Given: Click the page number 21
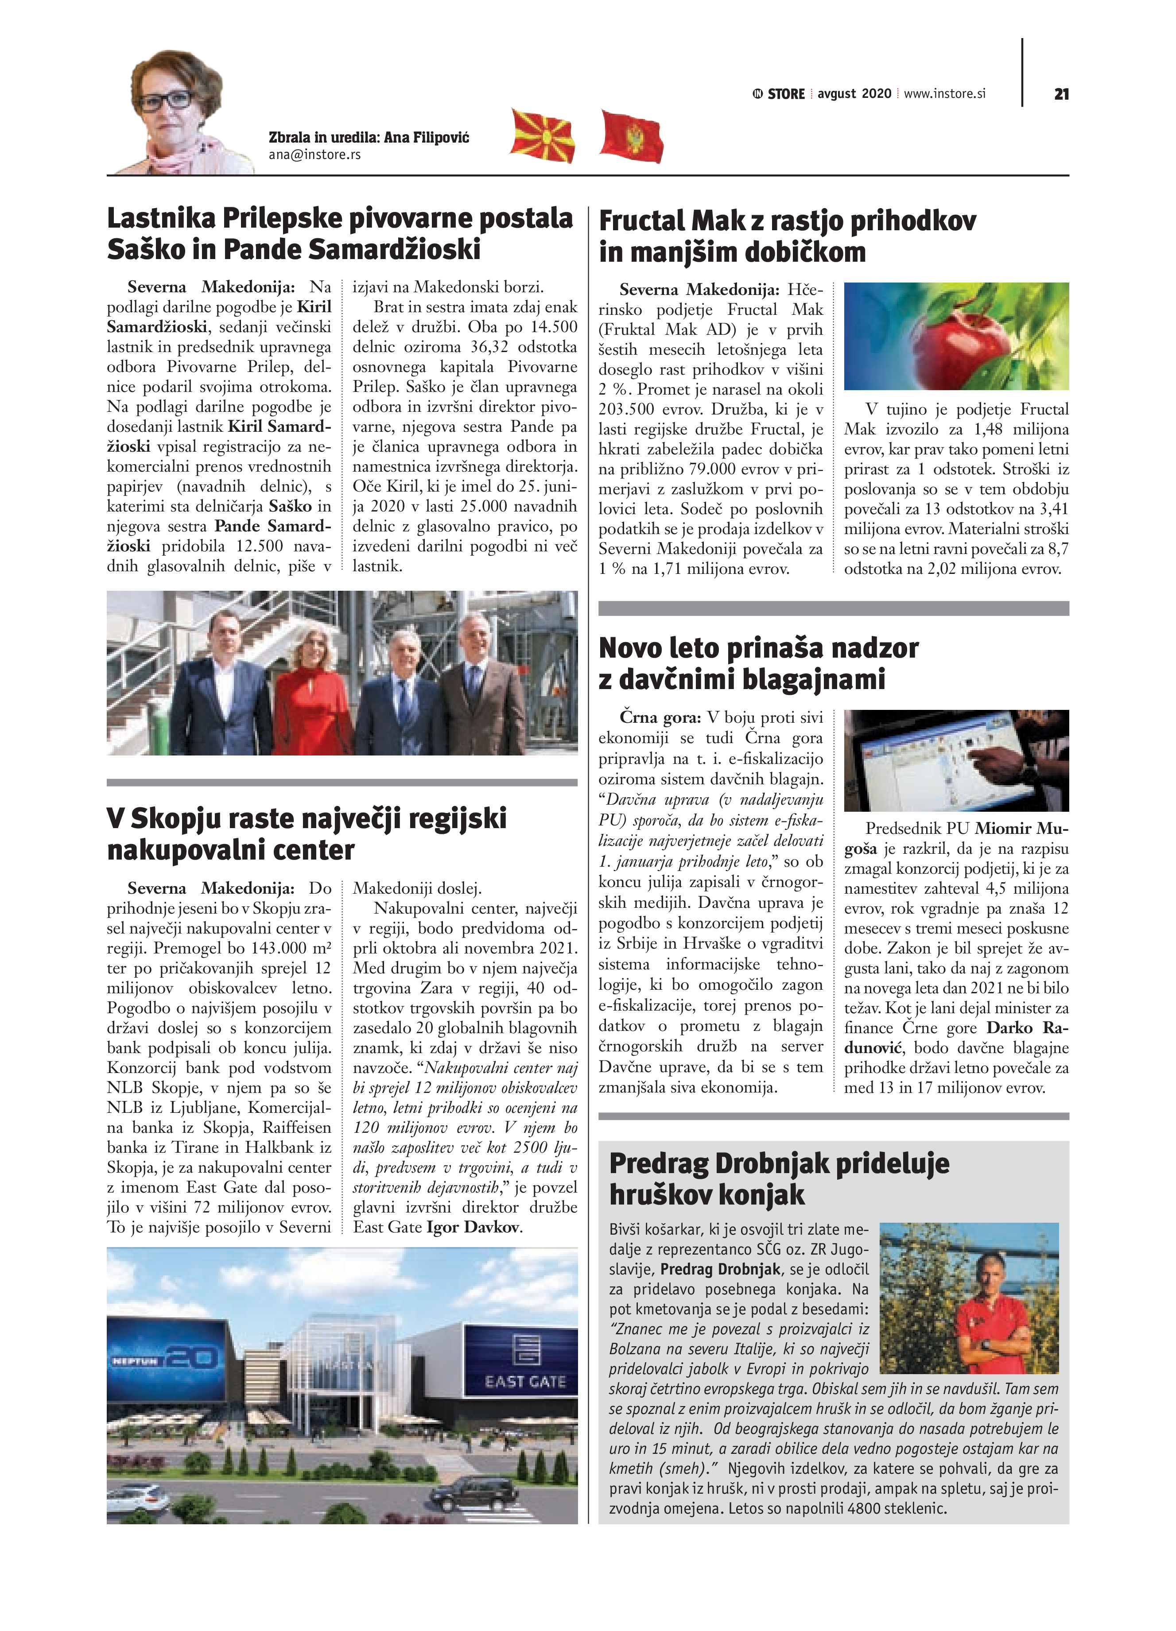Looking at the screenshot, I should click(x=1061, y=94).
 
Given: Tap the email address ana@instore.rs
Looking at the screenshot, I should click(x=314, y=155).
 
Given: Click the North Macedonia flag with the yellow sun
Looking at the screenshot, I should click(x=542, y=135).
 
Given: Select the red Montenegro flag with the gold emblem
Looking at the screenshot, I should click(x=631, y=136).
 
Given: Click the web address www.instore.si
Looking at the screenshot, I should click(x=944, y=93).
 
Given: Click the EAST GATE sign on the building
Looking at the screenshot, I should click(x=525, y=1382).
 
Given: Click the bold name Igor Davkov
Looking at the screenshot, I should click(x=473, y=1227).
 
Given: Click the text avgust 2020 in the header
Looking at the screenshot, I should click(x=854, y=93).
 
